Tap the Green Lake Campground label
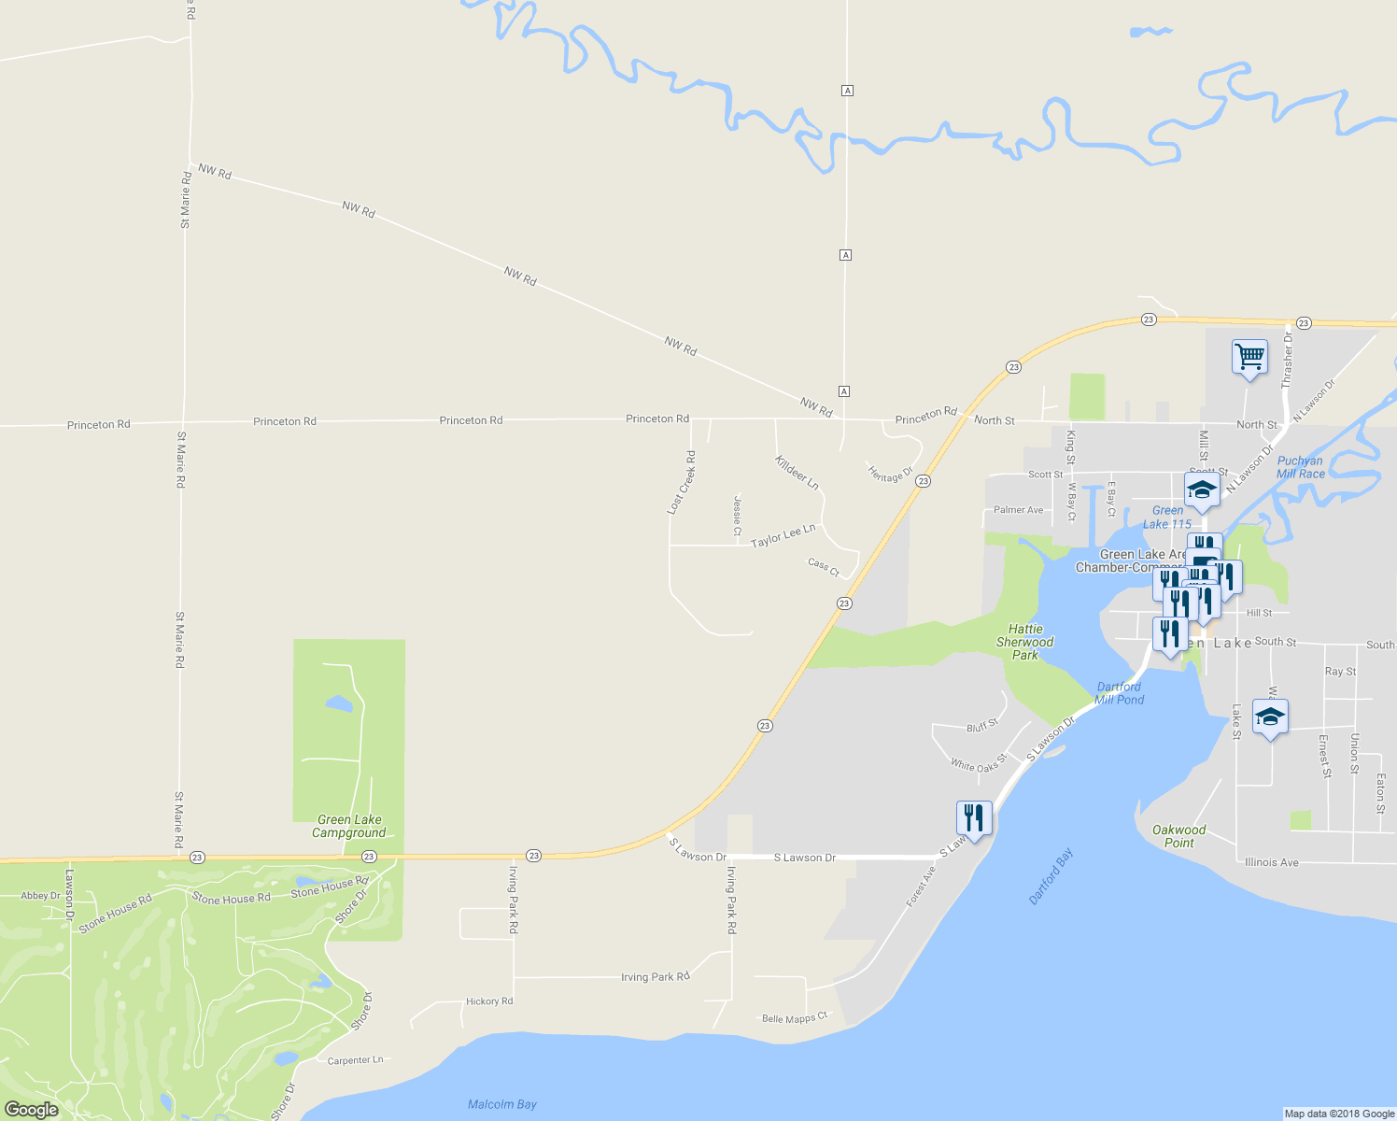pos(349,827)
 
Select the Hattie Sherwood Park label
pos(1024,642)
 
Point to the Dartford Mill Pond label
pos(1119,693)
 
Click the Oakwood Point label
pos(1178,836)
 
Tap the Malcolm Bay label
pos(502,1104)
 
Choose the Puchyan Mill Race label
pos(1300,467)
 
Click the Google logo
pos(31,1110)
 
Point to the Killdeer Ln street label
pos(797,473)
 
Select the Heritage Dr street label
pos(890,475)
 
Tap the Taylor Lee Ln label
pos(783,535)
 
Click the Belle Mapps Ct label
pos(795,1018)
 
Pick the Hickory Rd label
pos(489,1001)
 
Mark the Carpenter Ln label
pos(355,1060)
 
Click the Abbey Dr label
pos(40,896)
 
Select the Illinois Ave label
pos(1271,862)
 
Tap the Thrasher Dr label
pos(1287,361)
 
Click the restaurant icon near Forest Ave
pos(974,819)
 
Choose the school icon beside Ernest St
pos(1270,717)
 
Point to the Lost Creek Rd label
pos(681,483)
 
